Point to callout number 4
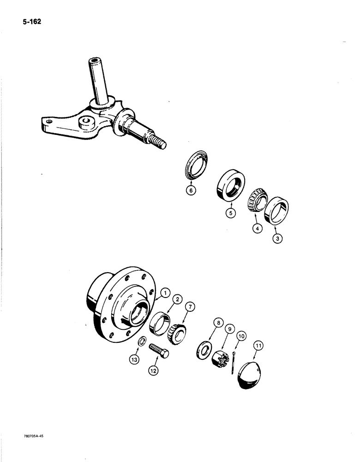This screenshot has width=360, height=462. pyautogui.click(x=256, y=228)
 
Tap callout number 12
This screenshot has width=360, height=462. pyautogui.click(x=155, y=370)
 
